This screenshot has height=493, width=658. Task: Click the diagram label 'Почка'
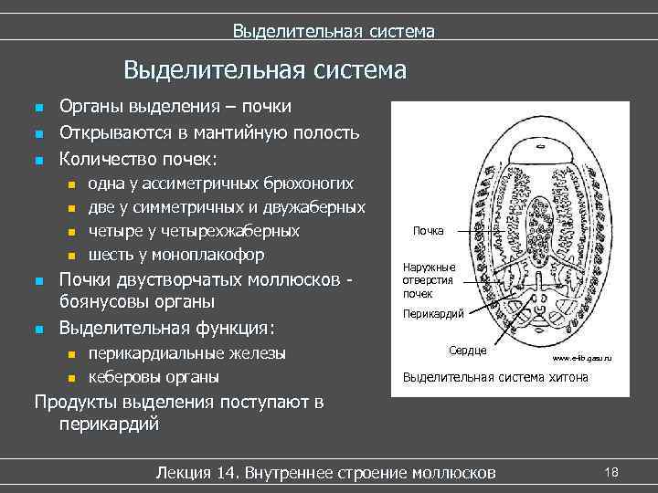(428, 230)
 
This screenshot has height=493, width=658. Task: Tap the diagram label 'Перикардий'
(433, 314)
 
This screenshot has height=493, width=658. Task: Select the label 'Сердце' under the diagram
(468, 350)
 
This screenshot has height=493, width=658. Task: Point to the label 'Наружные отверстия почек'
(423, 281)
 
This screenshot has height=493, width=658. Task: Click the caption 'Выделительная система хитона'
(495, 376)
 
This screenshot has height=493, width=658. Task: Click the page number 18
(611, 471)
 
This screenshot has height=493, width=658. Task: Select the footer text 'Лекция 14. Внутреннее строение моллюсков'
(326, 472)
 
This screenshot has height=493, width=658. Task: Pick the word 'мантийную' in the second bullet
(239, 132)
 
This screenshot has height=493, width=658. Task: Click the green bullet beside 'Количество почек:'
(38, 160)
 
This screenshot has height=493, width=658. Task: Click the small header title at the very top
(333, 32)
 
